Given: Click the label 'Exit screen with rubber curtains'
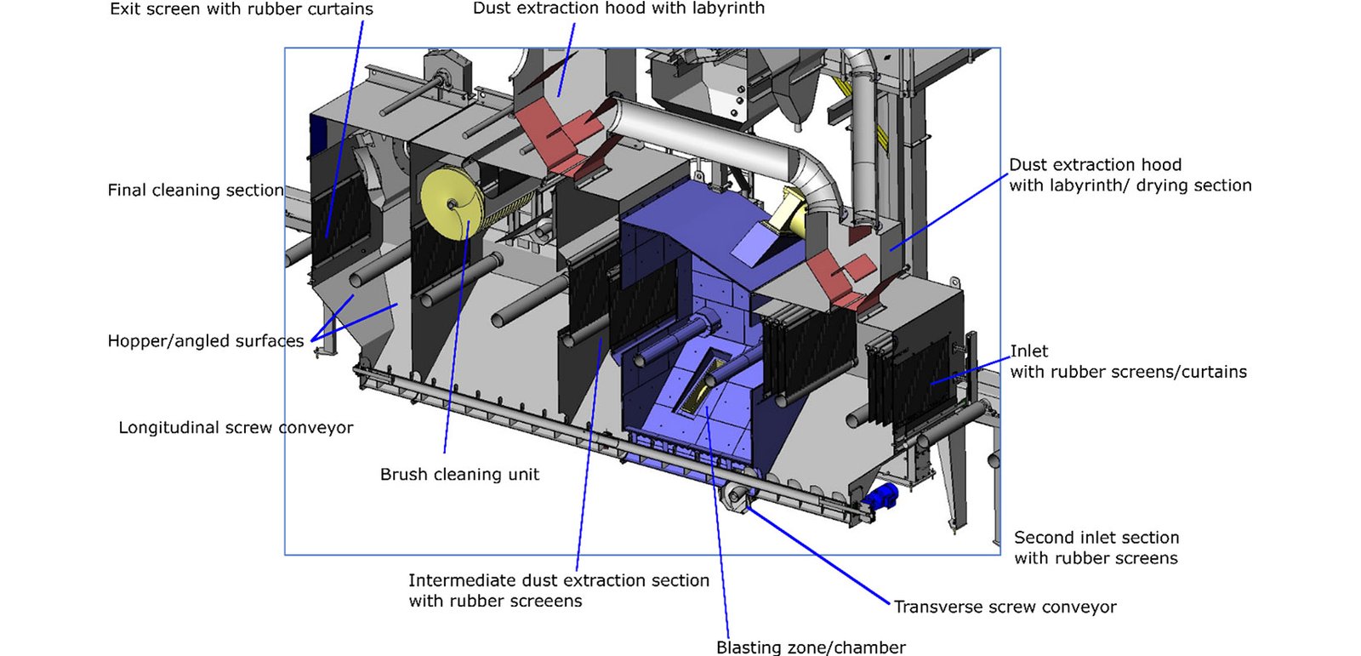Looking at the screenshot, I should point(241,9).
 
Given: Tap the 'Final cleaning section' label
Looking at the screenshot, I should point(195,191).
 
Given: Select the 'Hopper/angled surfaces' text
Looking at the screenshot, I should point(205,341).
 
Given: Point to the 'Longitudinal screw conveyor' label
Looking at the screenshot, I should point(236,428).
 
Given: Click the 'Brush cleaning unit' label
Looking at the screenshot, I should point(459,475).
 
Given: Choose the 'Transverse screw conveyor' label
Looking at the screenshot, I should point(1005,608).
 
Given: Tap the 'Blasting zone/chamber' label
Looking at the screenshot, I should point(811,647).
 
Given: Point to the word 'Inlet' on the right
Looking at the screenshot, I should point(1029,351).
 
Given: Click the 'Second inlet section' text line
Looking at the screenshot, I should point(1096,538).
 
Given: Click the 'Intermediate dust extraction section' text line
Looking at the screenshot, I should point(558,580).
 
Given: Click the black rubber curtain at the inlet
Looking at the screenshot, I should point(919,379).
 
